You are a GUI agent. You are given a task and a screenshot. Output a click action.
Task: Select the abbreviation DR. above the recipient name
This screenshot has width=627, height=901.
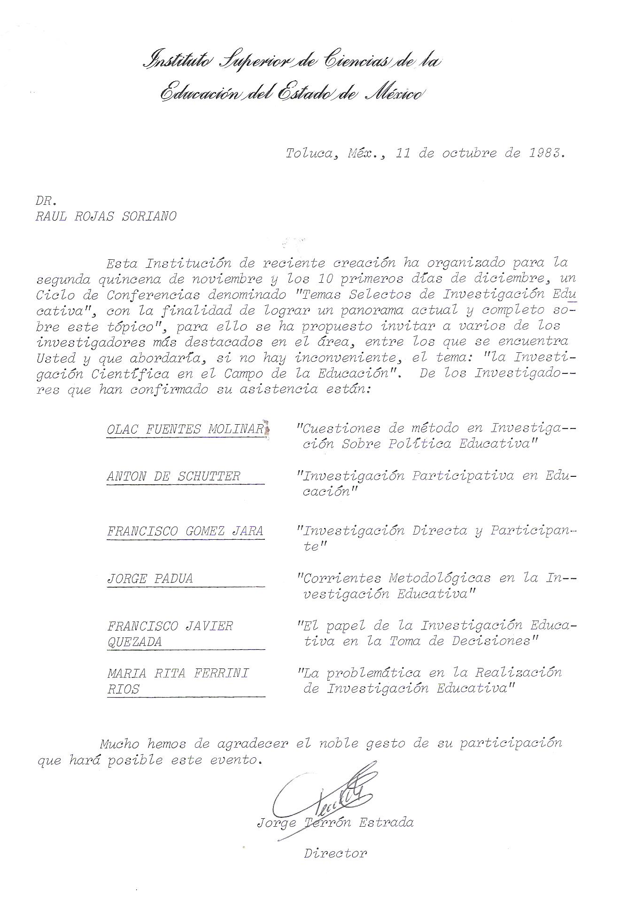[x=46, y=201]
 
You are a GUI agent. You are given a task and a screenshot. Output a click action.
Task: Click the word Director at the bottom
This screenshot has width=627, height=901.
[x=335, y=853]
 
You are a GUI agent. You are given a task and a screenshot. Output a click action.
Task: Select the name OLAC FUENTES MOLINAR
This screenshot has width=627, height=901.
[x=186, y=429]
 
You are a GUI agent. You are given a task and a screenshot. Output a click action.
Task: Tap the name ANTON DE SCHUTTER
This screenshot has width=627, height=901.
[x=173, y=476]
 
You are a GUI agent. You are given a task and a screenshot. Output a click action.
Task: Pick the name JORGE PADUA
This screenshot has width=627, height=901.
[x=150, y=578]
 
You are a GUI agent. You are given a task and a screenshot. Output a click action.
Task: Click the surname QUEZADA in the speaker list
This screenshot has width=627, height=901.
[x=134, y=642]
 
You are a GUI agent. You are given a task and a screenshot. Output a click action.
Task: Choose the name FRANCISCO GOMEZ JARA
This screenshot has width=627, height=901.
[x=185, y=531]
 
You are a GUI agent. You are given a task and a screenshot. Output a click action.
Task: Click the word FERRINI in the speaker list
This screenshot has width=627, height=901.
[x=222, y=673]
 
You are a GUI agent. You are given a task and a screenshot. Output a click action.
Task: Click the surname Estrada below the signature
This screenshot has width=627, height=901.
[x=386, y=823]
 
